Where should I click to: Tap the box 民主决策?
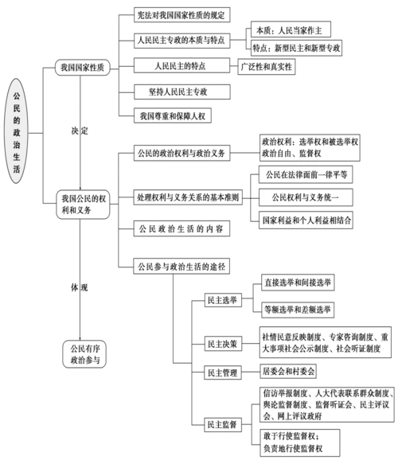[x=221, y=344]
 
